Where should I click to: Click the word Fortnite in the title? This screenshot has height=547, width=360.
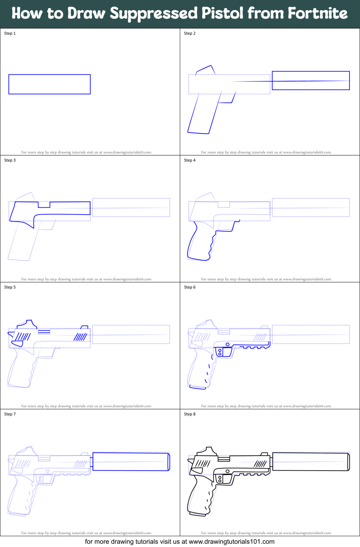click(x=317, y=13)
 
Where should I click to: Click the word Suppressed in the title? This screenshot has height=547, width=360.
click(x=154, y=13)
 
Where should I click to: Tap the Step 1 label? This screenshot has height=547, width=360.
click(x=10, y=33)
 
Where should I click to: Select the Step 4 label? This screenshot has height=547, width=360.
click(x=190, y=160)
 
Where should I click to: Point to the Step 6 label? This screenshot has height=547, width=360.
click(x=190, y=287)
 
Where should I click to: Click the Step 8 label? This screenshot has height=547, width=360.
click(x=190, y=414)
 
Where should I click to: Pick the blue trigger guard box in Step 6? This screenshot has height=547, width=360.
click(x=223, y=352)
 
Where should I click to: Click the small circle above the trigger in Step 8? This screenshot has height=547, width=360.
click(x=227, y=471)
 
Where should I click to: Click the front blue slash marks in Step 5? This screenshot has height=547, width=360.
click(x=80, y=337)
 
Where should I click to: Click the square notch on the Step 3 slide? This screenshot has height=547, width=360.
click(x=44, y=205)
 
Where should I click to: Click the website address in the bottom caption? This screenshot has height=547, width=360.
click(x=231, y=542)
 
